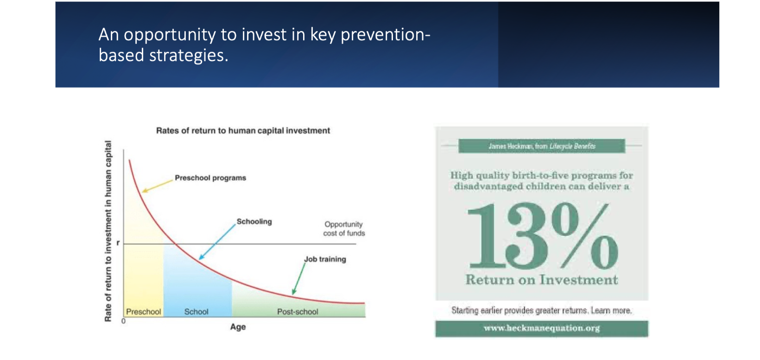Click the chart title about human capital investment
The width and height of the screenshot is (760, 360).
243,131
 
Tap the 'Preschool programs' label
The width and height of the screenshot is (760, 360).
210,178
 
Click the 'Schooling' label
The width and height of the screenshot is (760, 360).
254,221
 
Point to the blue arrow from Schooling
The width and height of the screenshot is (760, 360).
217,241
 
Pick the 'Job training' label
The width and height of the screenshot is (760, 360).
325,259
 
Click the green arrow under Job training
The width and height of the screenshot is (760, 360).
298,279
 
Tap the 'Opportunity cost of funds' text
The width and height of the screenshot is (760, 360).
344,229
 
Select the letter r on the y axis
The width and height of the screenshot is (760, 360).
118,243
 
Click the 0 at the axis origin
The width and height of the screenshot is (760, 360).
123,321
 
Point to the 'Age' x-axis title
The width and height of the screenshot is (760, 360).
238,327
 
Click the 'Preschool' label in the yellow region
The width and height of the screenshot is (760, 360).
144,311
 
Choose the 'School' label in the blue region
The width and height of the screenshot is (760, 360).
196,311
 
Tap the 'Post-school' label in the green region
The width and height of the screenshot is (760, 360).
298,311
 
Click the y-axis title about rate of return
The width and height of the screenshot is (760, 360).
108,231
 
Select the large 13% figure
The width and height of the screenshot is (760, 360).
542,236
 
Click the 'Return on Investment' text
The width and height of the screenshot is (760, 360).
541,280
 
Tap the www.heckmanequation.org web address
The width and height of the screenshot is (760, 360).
542,328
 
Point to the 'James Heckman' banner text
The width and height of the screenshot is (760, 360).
542,146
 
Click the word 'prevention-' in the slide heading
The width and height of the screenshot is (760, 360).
386,35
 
